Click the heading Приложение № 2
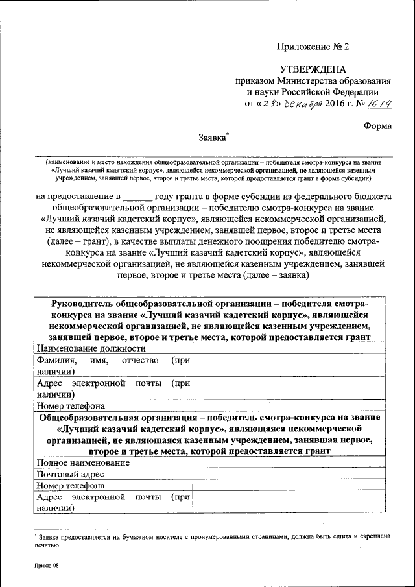click(x=313, y=47)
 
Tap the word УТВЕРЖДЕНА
click(x=313, y=69)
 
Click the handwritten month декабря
click(x=303, y=104)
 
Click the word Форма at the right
click(x=377, y=126)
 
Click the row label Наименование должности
click(x=82, y=348)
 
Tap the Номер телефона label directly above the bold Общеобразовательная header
click(x=66, y=406)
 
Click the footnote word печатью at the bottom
click(x=47, y=545)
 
